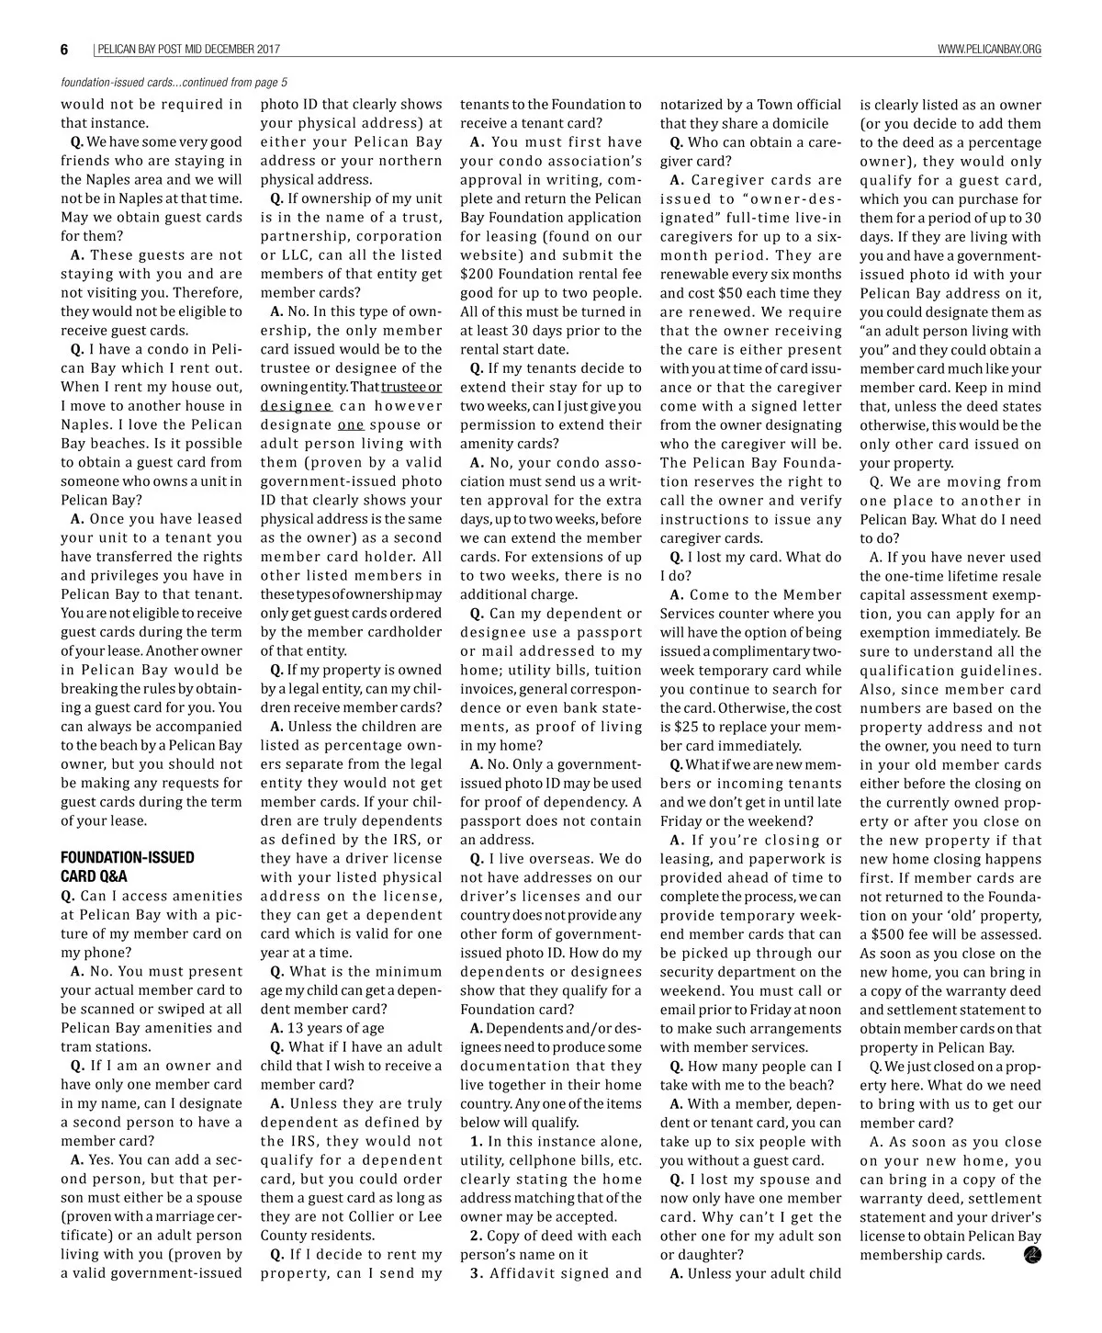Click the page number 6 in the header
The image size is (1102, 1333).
point(65,50)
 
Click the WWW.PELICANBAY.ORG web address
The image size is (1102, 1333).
point(989,50)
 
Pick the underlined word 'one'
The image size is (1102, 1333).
point(351,424)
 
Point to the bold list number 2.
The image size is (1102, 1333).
point(476,1236)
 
